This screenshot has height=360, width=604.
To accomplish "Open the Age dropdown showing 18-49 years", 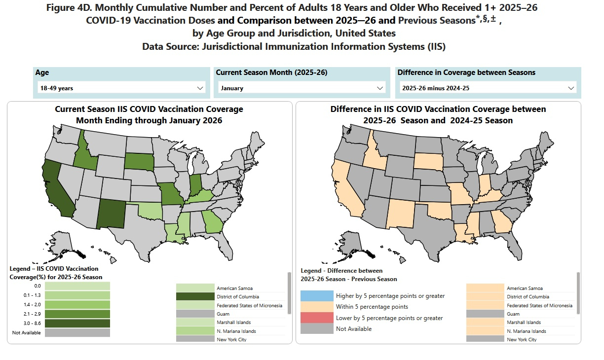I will pos(121,88).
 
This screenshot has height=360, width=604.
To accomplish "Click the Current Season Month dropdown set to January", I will pos(302,88).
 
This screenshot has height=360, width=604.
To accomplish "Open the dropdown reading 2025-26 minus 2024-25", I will pos(488,88).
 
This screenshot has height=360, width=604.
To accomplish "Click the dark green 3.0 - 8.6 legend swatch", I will pos(77,323).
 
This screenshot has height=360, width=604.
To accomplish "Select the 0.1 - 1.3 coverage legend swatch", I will pos(77,295).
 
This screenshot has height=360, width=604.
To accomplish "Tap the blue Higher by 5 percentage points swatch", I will pos(316,296).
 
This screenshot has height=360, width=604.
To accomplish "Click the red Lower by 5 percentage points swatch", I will pos(316,318).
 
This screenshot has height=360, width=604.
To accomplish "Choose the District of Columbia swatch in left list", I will pos(195,297).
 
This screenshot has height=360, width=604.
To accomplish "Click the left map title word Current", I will pos(69,109).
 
